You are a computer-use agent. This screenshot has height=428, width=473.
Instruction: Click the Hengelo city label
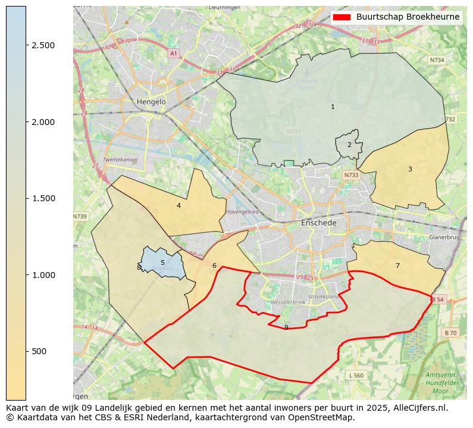[x=151, y=102]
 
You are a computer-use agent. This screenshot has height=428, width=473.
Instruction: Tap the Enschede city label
[x=319, y=223]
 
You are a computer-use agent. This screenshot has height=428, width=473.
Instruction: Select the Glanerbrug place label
[x=444, y=237]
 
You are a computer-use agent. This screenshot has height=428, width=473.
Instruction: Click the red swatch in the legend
[x=342, y=17]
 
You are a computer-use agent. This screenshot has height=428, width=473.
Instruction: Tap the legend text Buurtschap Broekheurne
[x=408, y=17]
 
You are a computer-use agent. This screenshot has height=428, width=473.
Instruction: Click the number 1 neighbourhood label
[x=333, y=107]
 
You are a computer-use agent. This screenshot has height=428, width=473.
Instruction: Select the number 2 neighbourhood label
[x=349, y=145]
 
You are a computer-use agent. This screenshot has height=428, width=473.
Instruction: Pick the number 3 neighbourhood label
[x=410, y=169]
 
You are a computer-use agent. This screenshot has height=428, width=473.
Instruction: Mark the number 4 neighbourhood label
[x=178, y=205]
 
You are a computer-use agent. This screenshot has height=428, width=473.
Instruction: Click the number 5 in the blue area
[x=162, y=263]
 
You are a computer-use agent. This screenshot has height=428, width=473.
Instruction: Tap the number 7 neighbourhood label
[x=397, y=265]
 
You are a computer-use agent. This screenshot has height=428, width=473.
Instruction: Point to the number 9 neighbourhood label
[x=286, y=327]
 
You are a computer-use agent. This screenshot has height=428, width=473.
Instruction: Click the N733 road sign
[x=351, y=175]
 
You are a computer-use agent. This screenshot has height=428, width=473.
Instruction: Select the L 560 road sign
[x=356, y=375]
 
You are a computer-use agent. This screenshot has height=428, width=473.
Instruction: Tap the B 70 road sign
[x=450, y=333]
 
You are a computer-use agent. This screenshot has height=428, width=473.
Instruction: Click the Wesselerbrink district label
[x=288, y=302]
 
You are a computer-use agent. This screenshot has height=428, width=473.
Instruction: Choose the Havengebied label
[x=242, y=212]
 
